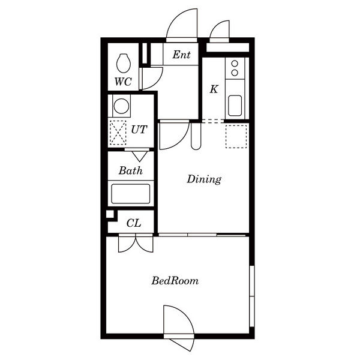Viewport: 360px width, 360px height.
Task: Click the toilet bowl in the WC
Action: click(x=124, y=63)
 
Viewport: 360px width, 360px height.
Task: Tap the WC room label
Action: click(x=123, y=82)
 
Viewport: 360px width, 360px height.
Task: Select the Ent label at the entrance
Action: click(x=181, y=55)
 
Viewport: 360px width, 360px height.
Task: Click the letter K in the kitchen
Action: click(x=214, y=89)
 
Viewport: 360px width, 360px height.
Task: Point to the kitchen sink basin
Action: click(x=235, y=106)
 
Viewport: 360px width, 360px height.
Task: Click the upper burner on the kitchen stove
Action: click(x=235, y=63)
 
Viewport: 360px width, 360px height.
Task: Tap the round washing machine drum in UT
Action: click(x=121, y=106)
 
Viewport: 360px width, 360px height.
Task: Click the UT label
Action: click(x=139, y=130)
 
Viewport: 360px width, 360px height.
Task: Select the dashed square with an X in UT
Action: click(x=118, y=133)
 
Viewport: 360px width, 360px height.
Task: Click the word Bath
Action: click(x=131, y=170)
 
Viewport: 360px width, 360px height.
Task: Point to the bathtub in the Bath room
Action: click(x=131, y=194)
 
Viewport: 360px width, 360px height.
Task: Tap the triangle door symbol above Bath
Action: click(x=139, y=157)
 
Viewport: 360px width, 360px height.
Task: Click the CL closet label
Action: click(x=134, y=223)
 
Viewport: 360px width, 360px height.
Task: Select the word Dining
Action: click(x=204, y=179)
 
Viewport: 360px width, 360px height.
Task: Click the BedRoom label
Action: click(x=175, y=281)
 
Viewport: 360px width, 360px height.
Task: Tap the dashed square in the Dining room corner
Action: click(x=236, y=136)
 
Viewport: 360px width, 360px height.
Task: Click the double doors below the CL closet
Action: click(x=136, y=244)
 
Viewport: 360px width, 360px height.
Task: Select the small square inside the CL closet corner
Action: click(x=110, y=214)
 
